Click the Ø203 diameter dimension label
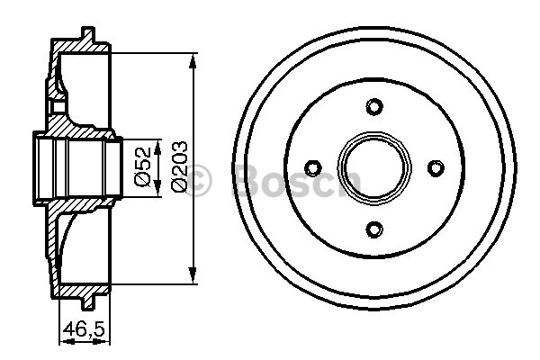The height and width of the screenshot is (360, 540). [179, 166]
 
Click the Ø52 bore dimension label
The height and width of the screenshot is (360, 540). [143, 166]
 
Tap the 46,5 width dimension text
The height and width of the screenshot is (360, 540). [84, 329]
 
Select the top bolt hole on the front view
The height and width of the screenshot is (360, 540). [374, 107]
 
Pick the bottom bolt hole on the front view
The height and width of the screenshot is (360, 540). [374, 229]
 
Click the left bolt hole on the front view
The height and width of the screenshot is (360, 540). [313, 168]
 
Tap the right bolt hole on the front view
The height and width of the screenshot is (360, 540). [436, 167]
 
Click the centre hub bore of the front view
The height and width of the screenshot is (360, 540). [374, 167]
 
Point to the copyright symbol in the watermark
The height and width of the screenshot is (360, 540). [198, 180]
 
